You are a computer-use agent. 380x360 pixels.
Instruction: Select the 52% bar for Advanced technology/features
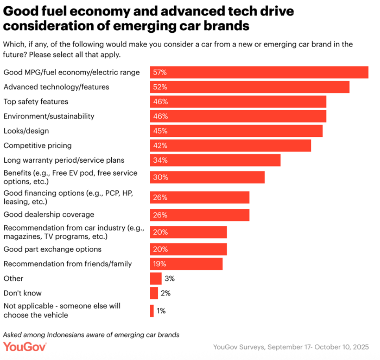[x=249, y=87]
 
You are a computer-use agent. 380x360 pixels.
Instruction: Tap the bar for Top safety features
[x=238, y=102]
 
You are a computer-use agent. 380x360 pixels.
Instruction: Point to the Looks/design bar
[x=236, y=131]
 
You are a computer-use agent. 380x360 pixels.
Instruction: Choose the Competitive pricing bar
[x=230, y=145]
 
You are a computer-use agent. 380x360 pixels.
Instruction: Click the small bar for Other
[x=156, y=278]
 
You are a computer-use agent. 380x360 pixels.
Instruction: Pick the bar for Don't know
[x=154, y=293]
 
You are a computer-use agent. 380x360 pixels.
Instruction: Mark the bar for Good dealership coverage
[x=199, y=215]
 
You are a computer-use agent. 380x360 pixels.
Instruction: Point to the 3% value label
[x=170, y=278]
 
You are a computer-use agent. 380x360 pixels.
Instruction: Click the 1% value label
[x=161, y=311]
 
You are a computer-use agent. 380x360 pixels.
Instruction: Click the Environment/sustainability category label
[x=49, y=116]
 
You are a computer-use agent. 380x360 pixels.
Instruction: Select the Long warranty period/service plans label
[x=64, y=160]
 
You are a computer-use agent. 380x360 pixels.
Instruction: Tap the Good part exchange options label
[x=52, y=249]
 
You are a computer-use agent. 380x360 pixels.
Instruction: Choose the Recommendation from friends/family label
[x=68, y=264]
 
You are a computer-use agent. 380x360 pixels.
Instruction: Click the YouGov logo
[x=25, y=347]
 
